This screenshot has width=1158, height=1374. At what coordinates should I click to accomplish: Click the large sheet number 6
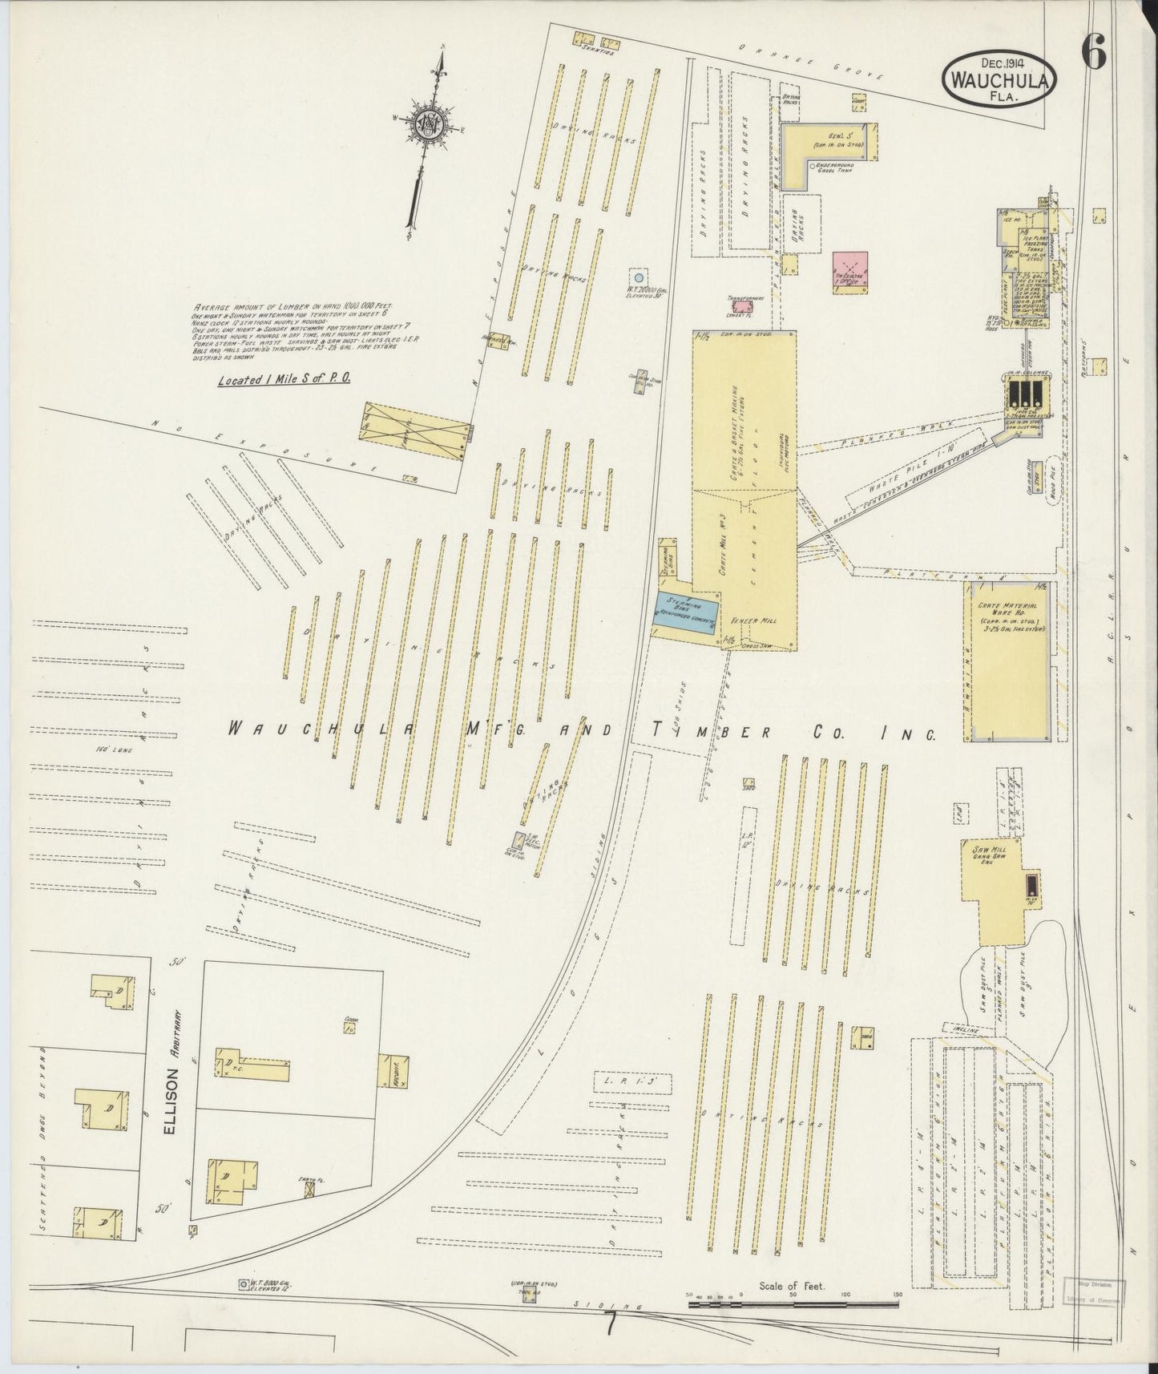click(x=1094, y=53)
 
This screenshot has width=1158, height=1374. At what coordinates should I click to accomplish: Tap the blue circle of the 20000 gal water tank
click(x=637, y=274)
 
